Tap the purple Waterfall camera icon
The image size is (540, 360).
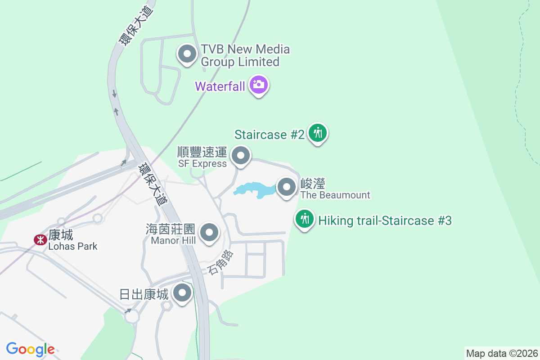tap(259, 84)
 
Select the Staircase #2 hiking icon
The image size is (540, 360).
tap(318, 133)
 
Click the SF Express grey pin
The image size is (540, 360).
tap(241, 156)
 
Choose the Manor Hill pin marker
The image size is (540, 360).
tap(209, 233)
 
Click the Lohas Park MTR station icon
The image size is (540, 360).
tap(40, 239)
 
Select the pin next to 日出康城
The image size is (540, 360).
tap(182, 293)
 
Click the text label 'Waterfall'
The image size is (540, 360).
tap(220, 86)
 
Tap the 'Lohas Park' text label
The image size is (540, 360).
tap(73, 246)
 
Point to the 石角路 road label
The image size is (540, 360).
tap(221, 263)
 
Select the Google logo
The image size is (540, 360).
tap(30, 349)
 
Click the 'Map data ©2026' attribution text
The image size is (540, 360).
tap(502, 353)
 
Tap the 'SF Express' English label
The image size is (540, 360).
tap(202, 163)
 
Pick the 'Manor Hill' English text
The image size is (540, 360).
tap(173, 240)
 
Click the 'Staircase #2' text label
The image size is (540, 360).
tap(270, 135)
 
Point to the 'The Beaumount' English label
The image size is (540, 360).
tap(335, 195)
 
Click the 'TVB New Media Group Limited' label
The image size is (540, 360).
tap(245, 55)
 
